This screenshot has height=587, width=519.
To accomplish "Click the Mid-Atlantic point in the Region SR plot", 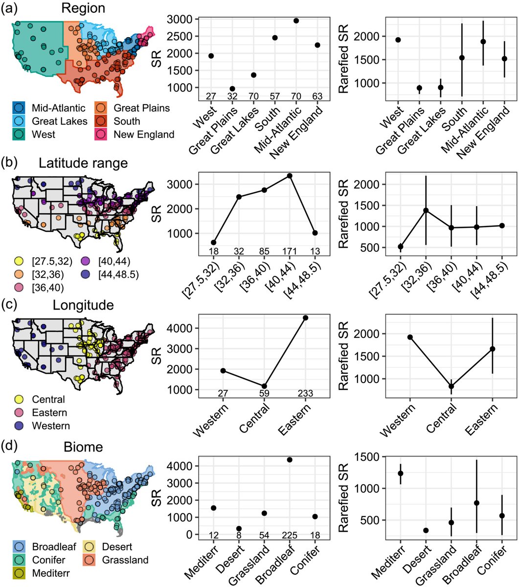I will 296,21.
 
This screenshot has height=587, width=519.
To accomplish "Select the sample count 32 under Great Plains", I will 232,96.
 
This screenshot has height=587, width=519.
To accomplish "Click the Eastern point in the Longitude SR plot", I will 305,318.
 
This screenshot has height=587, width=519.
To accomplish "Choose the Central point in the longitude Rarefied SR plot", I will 451,386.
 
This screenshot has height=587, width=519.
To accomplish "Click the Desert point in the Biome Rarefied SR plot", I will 426,530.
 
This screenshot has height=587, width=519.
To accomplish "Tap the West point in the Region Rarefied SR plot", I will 398,40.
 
